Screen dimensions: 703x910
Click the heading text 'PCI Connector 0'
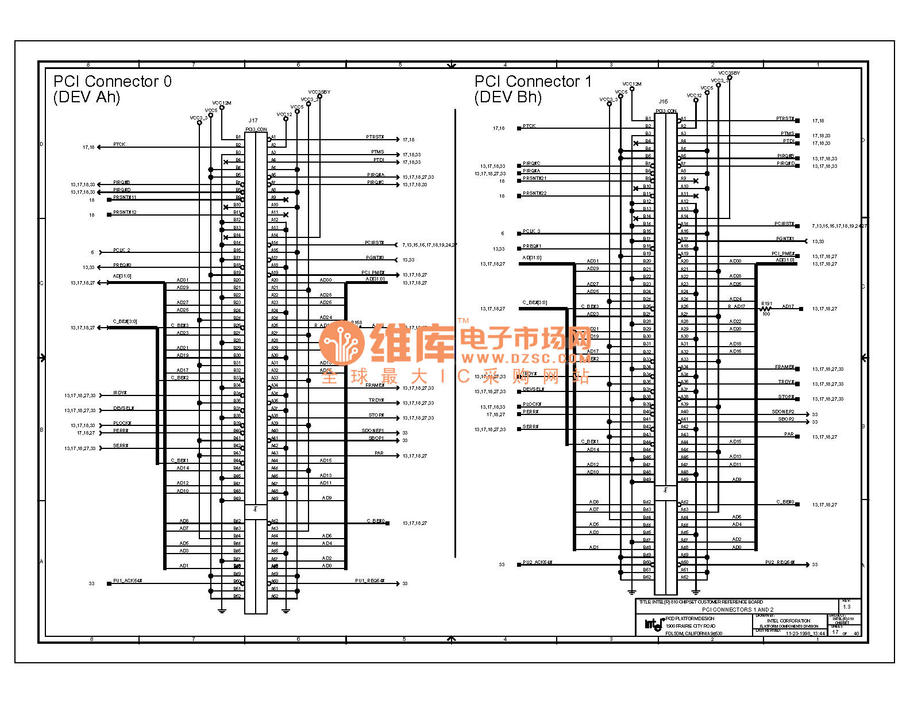(113, 82)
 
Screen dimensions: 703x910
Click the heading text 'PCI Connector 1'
(533, 82)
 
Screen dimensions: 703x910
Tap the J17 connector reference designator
(253, 121)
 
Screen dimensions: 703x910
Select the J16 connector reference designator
(663, 102)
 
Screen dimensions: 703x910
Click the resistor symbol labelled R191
(765, 309)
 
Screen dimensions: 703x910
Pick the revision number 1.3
(847, 607)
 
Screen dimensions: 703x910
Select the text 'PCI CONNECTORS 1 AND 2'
(738, 609)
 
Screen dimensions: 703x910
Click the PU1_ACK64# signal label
(128, 581)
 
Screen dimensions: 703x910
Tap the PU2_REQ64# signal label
(780, 562)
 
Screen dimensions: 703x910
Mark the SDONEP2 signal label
(783, 412)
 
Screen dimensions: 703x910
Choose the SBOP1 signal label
(376, 438)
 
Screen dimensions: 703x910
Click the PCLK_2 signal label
(122, 250)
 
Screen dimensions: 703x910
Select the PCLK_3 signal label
(531, 231)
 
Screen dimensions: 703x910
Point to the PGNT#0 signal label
(375, 258)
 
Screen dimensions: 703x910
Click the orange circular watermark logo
(342, 343)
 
